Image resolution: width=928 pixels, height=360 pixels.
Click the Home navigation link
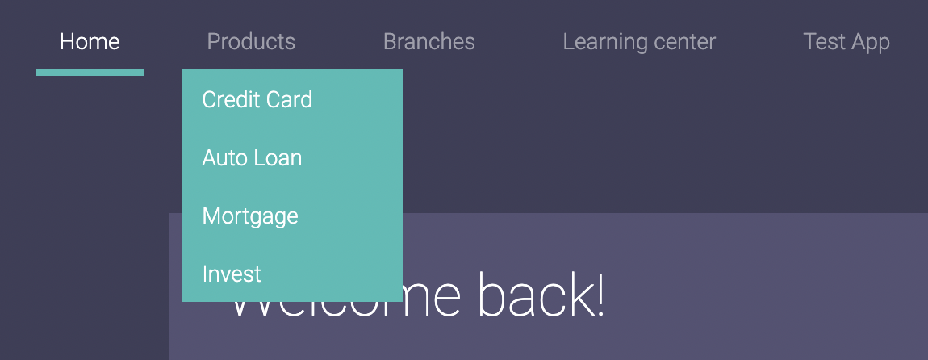click(x=90, y=42)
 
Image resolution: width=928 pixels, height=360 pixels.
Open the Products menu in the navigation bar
click(x=251, y=42)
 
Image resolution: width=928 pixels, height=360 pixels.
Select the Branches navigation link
click(x=429, y=42)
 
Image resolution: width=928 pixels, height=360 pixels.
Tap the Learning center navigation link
click(x=639, y=42)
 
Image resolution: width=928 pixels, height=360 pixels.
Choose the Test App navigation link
click(x=846, y=42)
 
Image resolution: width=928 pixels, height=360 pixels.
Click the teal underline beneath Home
click(x=90, y=73)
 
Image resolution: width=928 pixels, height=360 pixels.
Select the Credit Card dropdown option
click(x=257, y=99)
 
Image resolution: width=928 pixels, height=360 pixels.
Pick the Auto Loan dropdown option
click(x=252, y=158)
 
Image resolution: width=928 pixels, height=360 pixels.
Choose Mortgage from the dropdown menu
click(x=250, y=216)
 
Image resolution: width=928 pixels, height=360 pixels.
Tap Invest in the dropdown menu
click(x=232, y=274)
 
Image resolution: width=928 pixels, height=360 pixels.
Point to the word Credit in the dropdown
click(x=230, y=99)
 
